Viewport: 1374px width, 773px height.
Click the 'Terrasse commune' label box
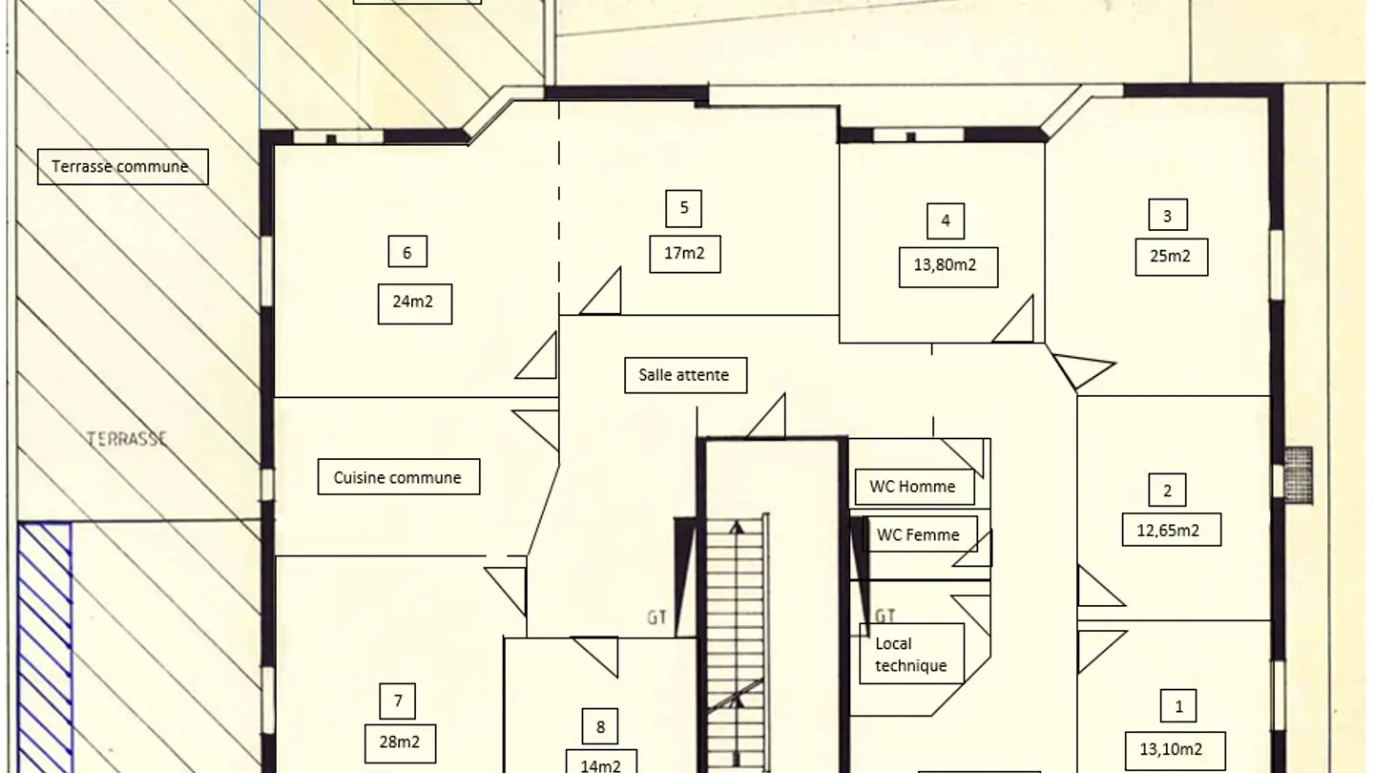123,167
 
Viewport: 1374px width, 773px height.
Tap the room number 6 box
407,252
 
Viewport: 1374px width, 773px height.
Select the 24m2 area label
415,303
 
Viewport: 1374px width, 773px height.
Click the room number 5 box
683,209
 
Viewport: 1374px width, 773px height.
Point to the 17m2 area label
685,254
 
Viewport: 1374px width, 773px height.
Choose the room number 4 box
946,221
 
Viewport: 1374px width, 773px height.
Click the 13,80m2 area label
948,267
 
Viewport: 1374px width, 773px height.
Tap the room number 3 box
1167,215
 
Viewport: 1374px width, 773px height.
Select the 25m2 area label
1172,257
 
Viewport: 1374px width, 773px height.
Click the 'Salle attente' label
686,375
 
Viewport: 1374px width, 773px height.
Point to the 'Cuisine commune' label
399,477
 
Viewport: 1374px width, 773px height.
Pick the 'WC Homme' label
914,487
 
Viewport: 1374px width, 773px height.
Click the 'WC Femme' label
920,534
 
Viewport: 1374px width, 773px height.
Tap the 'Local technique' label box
911,654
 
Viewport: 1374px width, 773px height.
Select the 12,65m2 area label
1172,530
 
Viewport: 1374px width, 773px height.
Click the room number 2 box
1167,490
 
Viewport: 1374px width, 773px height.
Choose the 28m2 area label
400,743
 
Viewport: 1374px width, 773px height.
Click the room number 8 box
600,727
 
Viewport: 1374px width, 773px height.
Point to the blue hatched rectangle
45,647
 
